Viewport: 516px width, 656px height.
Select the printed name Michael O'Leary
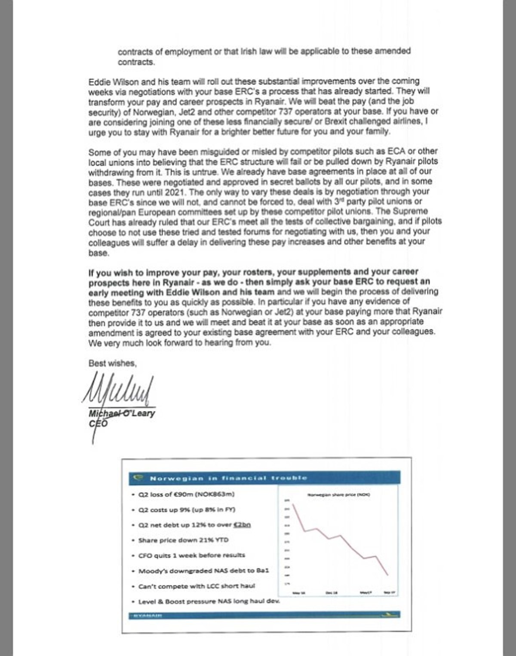coord(122,414)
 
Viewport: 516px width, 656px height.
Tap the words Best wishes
coord(113,363)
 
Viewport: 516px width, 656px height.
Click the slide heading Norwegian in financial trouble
coord(228,478)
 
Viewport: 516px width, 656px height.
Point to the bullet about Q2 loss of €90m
coord(186,494)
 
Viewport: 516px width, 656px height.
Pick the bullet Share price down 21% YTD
coord(183,540)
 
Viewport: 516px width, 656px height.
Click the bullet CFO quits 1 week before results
coord(191,555)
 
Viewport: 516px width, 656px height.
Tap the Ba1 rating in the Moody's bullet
coord(262,571)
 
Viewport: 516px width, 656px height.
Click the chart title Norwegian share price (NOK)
coord(338,495)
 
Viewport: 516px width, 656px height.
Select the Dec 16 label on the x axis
coord(332,593)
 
